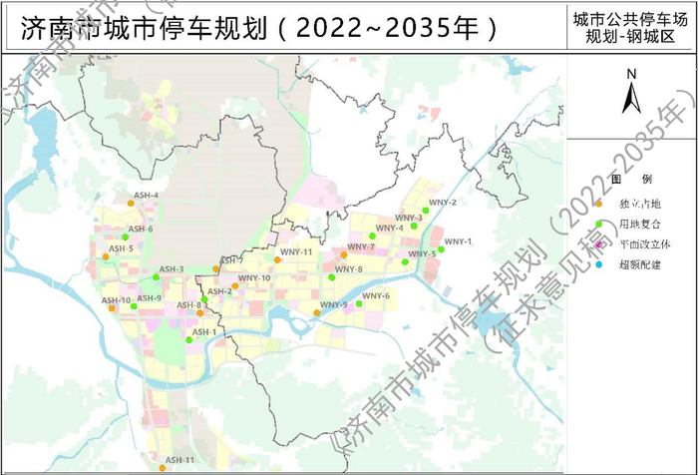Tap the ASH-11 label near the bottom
click(180, 459)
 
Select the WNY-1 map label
click(458, 241)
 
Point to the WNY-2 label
click(443, 203)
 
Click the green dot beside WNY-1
click(441, 249)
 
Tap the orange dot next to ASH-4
click(131, 203)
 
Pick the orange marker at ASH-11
click(162, 466)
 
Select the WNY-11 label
click(296, 252)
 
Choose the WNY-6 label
click(376, 295)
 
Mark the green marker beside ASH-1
click(187, 339)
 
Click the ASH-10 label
click(117, 300)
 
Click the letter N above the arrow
click(630, 74)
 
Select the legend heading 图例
click(630, 180)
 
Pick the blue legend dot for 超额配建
click(598, 265)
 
